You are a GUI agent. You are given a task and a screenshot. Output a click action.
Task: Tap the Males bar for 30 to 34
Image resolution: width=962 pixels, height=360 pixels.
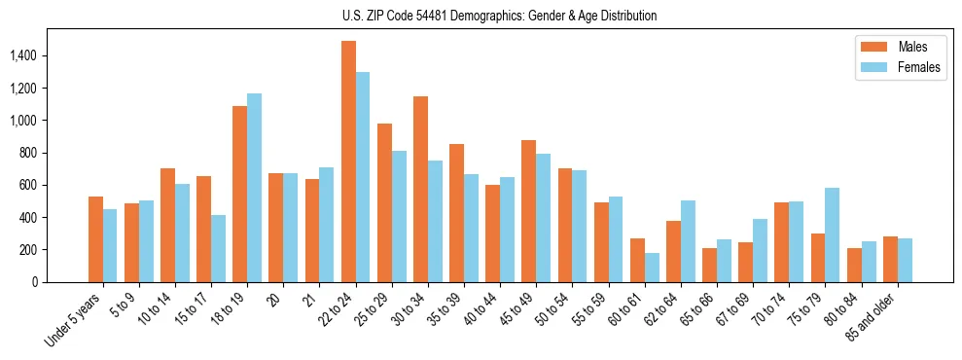(x=420, y=190)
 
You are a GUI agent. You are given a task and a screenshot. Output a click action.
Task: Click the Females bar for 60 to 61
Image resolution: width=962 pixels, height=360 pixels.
(x=652, y=268)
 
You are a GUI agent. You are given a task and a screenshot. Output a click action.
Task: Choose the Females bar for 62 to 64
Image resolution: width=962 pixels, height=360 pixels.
(x=688, y=241)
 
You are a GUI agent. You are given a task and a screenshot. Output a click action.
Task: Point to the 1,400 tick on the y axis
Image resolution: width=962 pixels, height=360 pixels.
(x=22, y=56)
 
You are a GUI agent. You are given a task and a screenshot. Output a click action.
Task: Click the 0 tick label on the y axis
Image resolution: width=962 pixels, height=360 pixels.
(x=34, y=282)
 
